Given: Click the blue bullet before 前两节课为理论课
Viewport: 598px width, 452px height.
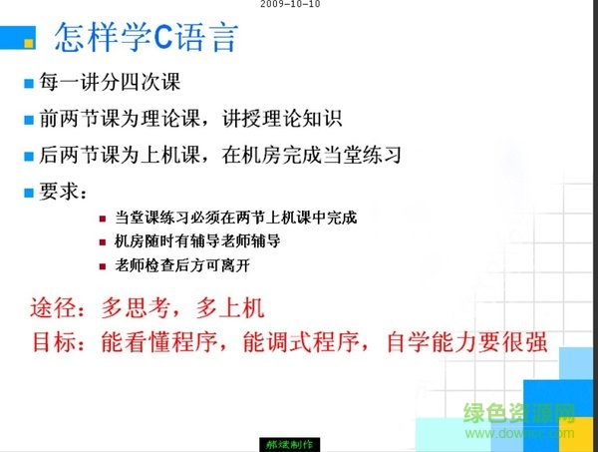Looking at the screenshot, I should click(x=29, y=120).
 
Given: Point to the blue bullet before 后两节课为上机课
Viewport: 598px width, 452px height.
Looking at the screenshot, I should click(x=29, y=157).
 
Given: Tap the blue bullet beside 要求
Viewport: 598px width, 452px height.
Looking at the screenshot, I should click(x=29, y=192).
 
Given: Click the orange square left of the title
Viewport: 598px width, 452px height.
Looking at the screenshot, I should click(x=30, y=42).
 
